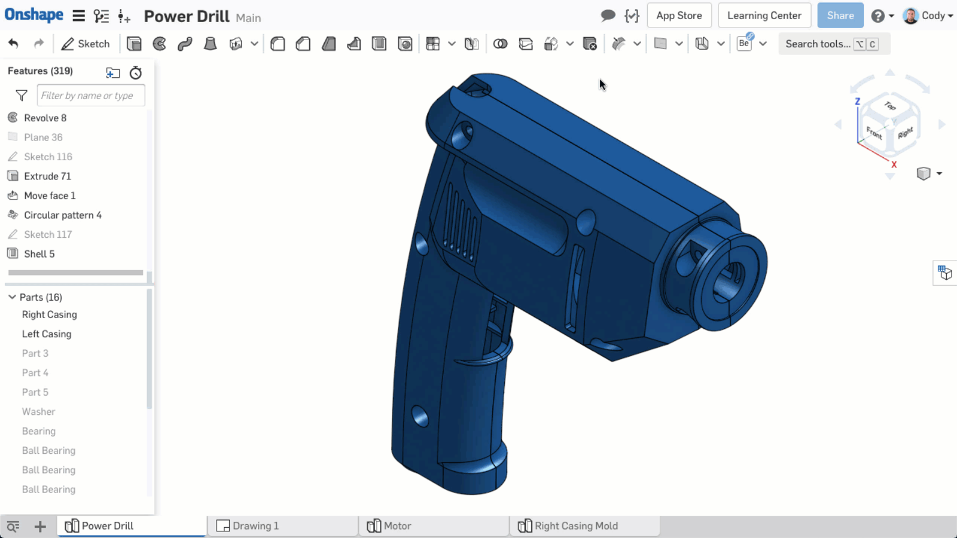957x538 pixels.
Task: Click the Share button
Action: (x=840, y=16)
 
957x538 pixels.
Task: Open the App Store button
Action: (x=679, y=16)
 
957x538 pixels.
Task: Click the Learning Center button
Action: (x=764, y=16)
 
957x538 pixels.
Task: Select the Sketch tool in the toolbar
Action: (x=86, y=44)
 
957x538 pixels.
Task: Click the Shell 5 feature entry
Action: (x=39, y=253)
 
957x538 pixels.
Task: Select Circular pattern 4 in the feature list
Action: (x=62, y=215)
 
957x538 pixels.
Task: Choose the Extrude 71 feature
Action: (x=47, y=176)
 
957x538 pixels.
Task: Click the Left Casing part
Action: (x=47, y=334)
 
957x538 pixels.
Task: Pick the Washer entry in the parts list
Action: (x=38, y=411)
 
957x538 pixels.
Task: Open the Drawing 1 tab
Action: (x=255, y=525)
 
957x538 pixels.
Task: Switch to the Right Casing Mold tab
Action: (x=575, y=525)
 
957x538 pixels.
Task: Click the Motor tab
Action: (x=397, y=525)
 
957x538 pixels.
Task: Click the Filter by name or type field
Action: (x=90, y=96)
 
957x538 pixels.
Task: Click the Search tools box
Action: (x=817, y=44)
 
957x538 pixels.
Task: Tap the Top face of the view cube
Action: (x=890, y=106)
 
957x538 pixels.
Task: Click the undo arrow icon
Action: (x=13, y=44)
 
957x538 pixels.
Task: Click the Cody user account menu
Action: (x=928, y=16)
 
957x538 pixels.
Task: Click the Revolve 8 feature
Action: (x=45, y=118)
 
